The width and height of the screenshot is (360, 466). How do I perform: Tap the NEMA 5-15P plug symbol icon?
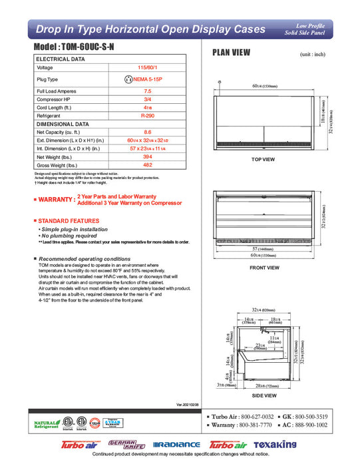[x=128, y=79]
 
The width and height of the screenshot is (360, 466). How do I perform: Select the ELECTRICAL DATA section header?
[x=61, y=59]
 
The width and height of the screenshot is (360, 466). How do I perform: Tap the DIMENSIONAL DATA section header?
[x=63, y=124]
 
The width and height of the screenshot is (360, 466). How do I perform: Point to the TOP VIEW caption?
[x=263, y=160]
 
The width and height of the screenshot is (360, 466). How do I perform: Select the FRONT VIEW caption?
[x=264, y=268]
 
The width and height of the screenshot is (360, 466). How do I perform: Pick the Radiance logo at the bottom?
[x=176, y=445]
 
